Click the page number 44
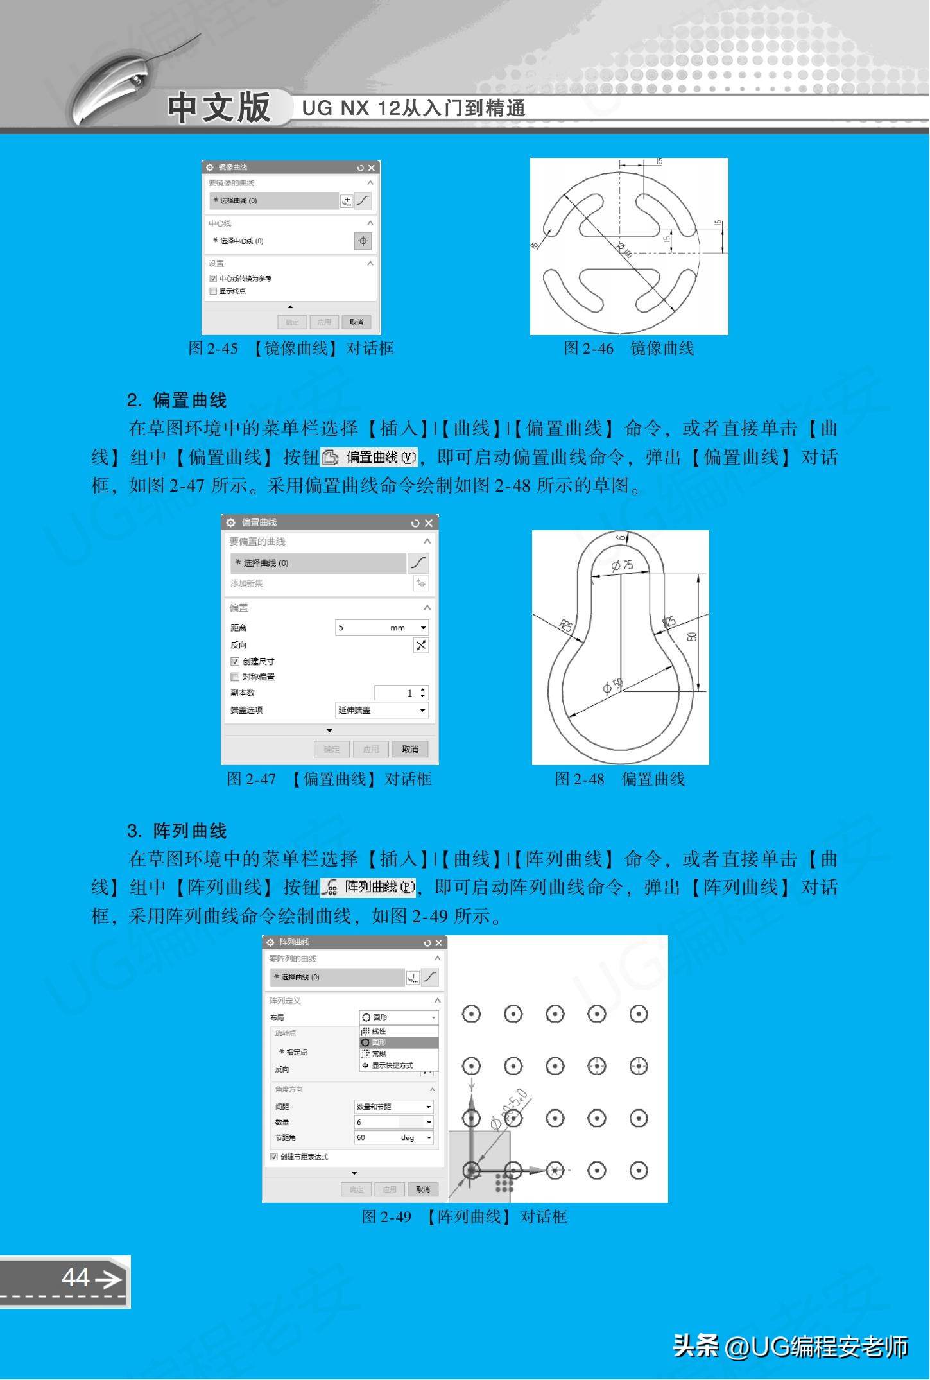pos(76,1277)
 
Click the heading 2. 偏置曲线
pos(177,401)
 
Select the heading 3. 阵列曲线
pos(177,831)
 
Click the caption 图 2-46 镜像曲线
pos(628,349)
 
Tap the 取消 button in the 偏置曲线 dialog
pos(410,749)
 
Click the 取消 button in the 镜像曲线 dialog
pos(356,322)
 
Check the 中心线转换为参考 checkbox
pos(214,279)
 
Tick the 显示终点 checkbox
pos(214,291)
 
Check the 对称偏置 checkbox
pos(235,677)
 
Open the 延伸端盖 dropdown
pos(382,710)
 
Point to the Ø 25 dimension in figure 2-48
pos(621,565)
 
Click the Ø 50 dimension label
pos(613,686)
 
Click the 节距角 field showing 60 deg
pos(393,1137)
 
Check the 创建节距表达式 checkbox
pos(274,1157)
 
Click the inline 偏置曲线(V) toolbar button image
pos(369,457)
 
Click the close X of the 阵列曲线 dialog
pos(439,942)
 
